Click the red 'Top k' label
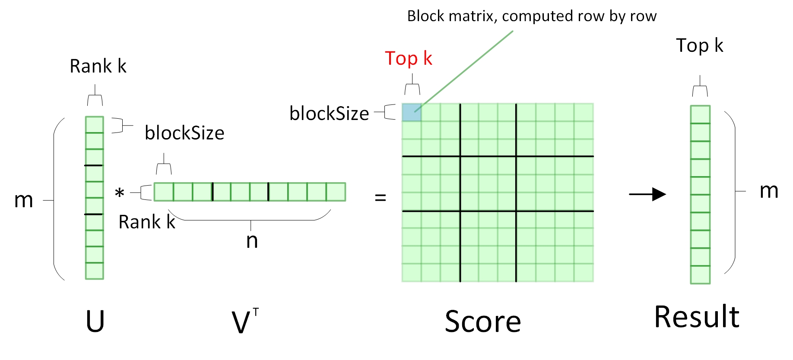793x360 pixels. (408, 58)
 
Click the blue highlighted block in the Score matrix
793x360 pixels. (411, 112)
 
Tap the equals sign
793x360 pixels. (380, 198)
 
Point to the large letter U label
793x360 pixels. (95, 322)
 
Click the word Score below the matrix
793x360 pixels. (483, 322)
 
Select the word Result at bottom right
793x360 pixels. (696, 317)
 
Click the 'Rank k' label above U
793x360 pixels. (98, 66)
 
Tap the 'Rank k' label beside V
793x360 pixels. (147, 222)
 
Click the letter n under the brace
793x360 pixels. (252, 241)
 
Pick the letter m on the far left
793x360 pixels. (23, 200)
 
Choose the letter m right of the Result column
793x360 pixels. (769, 190)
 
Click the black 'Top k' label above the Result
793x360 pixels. (699, 45)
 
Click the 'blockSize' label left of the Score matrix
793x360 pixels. (329, 114)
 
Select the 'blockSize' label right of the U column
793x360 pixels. (184, 133)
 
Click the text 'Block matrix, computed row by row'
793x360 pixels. (532, 16)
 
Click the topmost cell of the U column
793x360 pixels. (94, 125)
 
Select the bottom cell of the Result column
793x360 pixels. (700, 275)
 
